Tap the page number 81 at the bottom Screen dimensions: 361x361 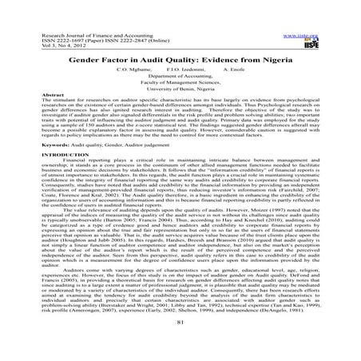(x=180, y=343)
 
